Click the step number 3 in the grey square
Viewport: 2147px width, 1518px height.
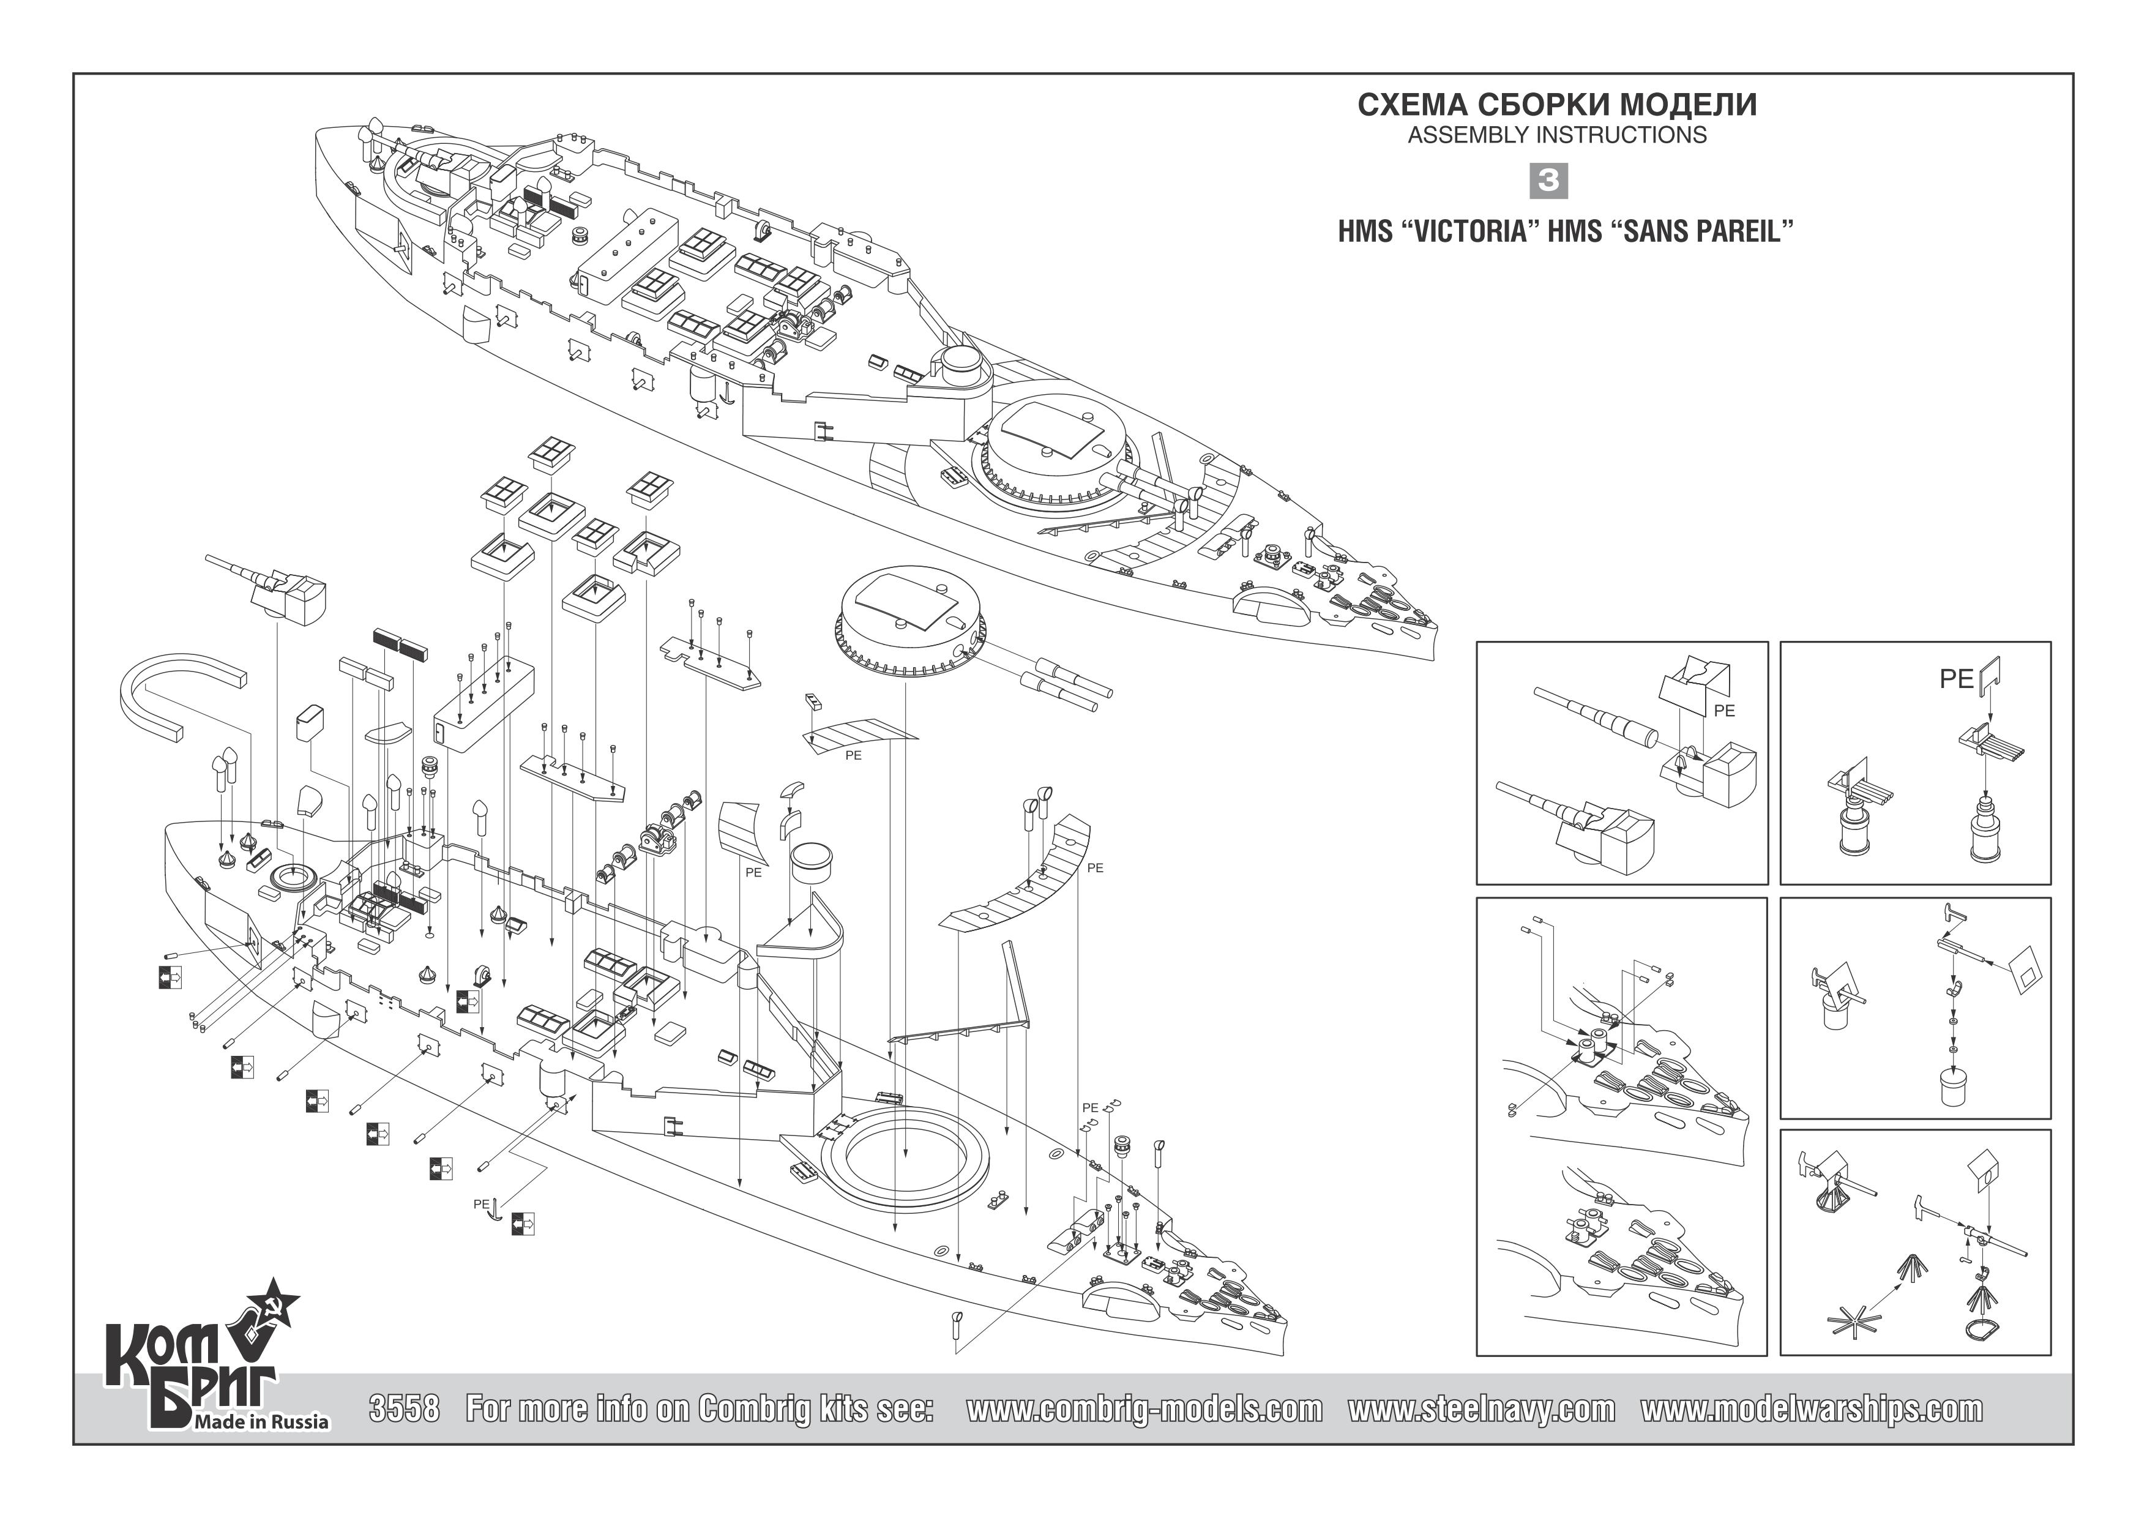tap(1548, 181)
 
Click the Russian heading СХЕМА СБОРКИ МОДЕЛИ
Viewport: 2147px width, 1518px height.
tap(1557, 105)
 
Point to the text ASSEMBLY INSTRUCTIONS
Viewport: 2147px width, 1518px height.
tap(1557, 136)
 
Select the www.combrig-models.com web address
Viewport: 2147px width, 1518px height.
tap(1144, 1410)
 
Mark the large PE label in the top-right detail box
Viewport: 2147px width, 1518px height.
tap(1956, 679)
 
